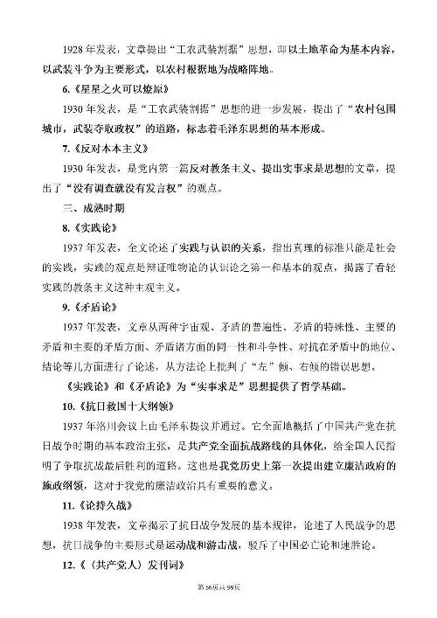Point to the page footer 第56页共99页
coord(218,609)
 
